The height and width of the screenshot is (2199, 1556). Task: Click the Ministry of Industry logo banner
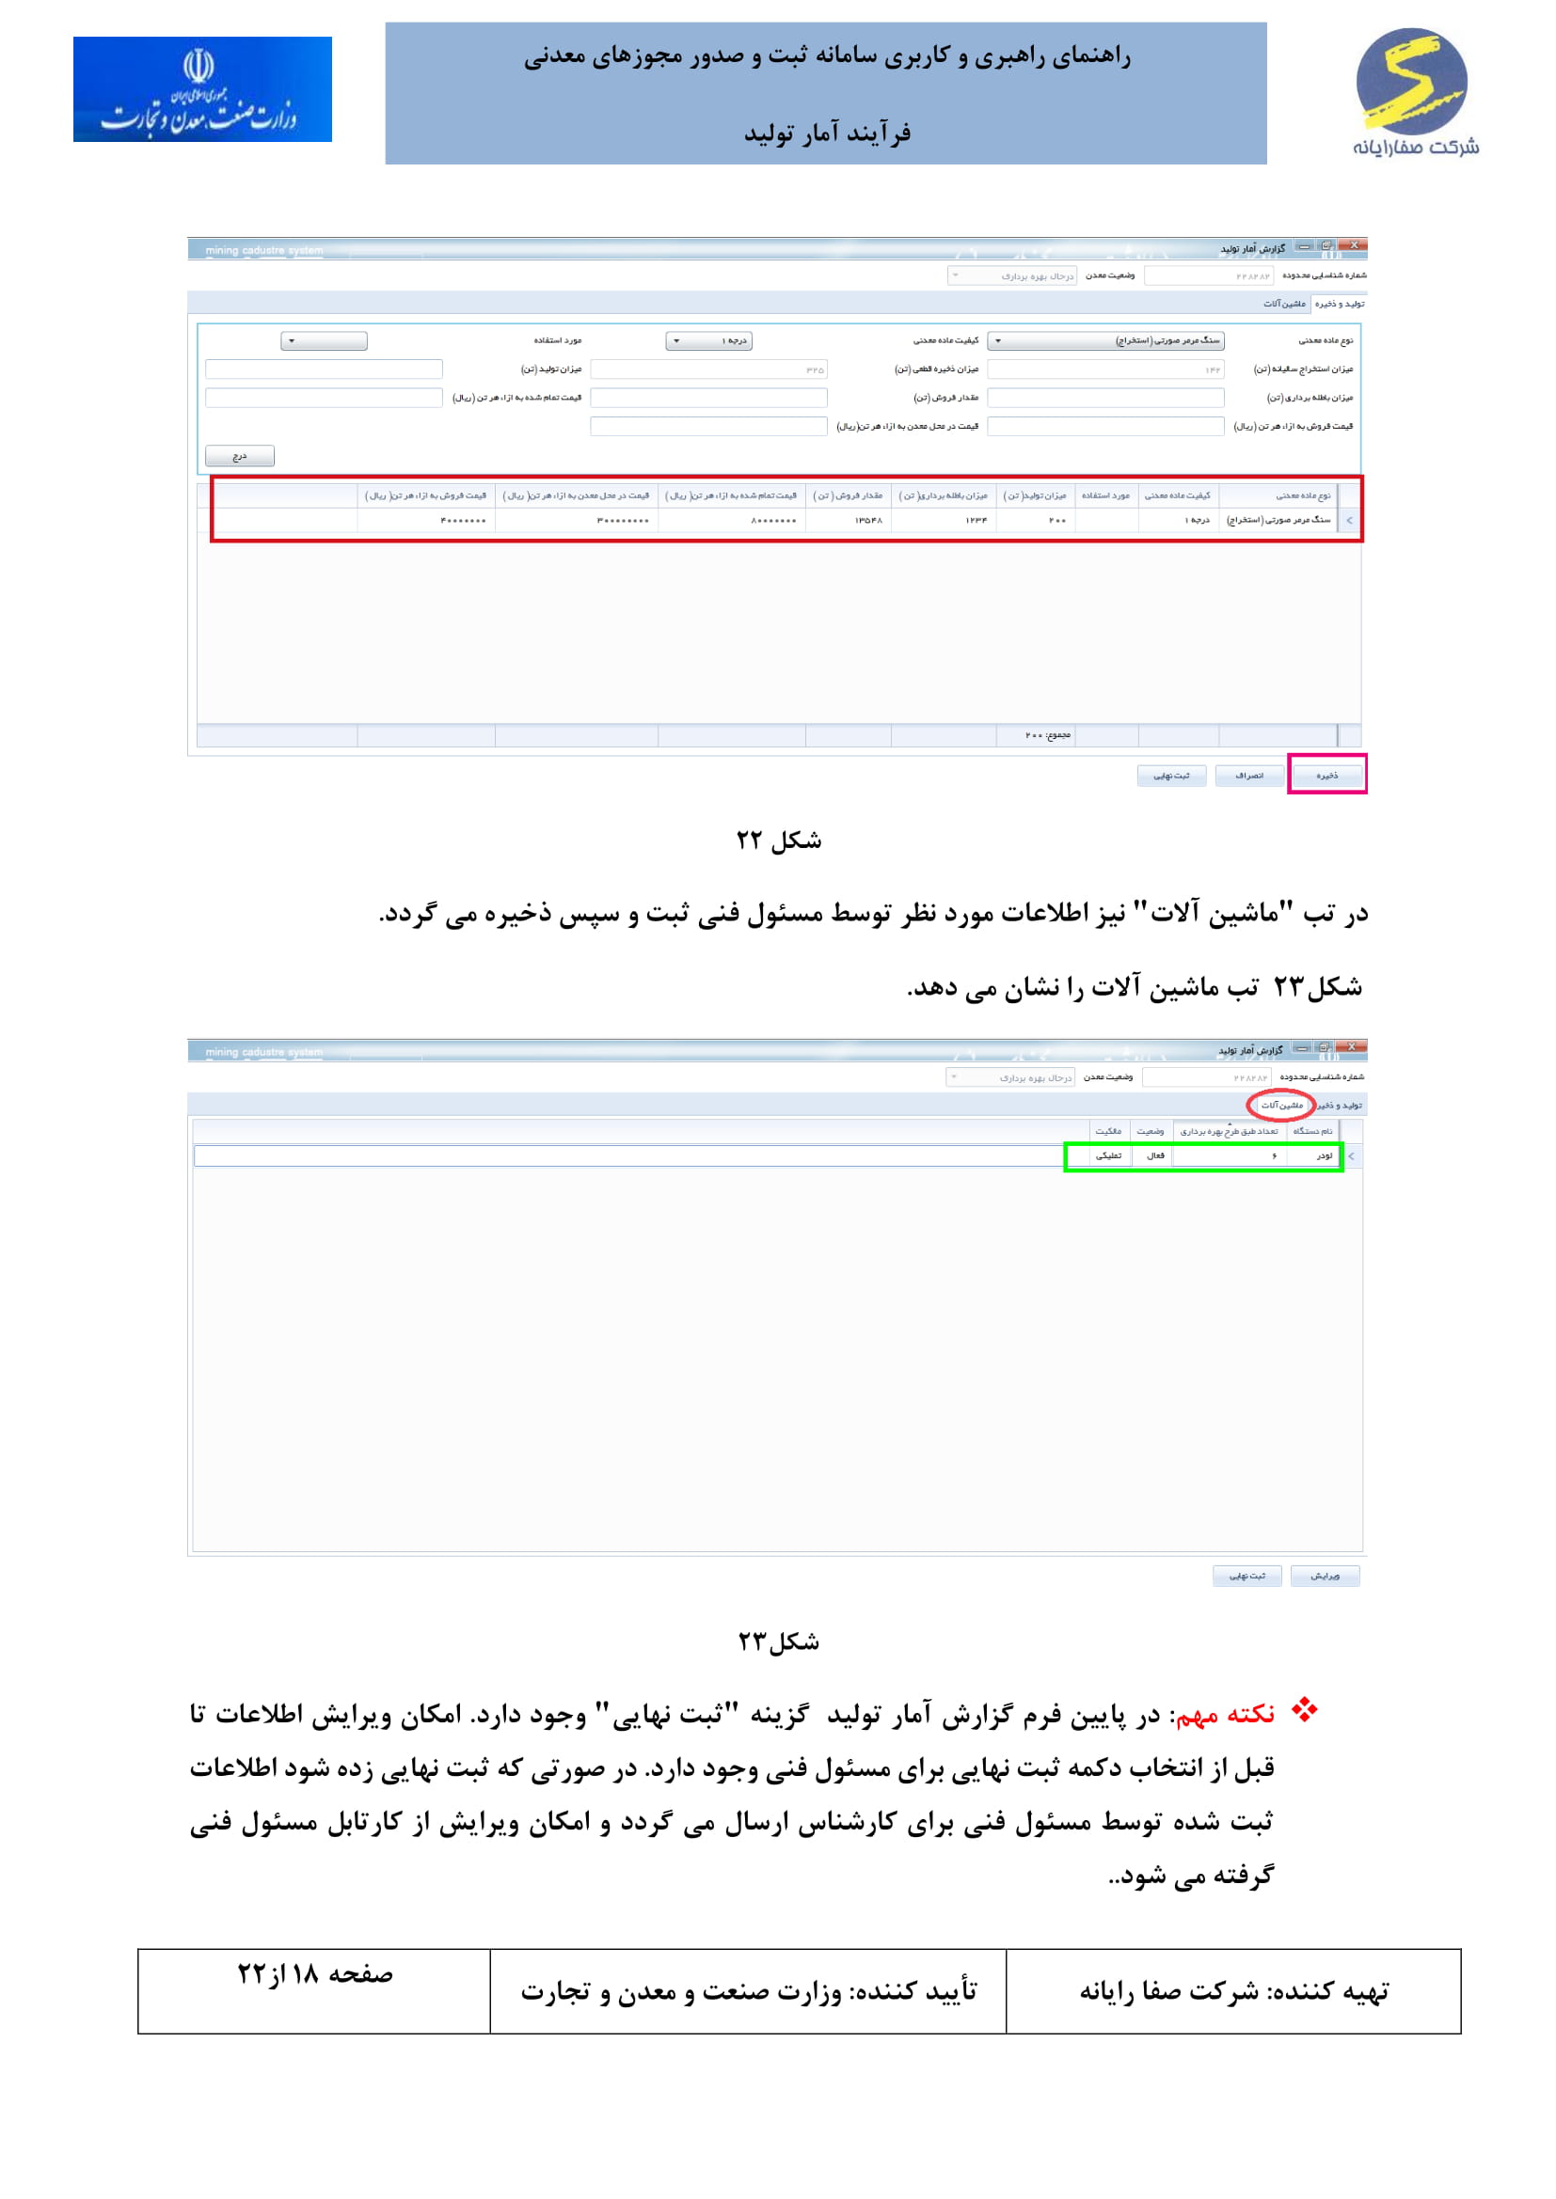202,89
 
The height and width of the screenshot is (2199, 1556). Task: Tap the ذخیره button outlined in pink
1326,775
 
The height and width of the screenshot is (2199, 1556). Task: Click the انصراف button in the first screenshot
1248,775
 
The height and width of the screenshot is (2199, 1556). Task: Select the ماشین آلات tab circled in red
1281,1106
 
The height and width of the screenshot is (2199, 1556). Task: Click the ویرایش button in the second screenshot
1325,1576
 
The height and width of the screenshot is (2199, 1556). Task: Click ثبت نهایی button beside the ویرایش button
1246,1576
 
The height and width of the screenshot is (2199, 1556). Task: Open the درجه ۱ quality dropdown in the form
709,341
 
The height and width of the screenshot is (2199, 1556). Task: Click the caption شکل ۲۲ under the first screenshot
778,840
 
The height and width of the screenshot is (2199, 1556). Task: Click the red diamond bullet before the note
1303,1710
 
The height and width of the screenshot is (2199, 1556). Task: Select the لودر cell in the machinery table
1324,1156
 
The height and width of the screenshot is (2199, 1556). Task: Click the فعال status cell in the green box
1154,1156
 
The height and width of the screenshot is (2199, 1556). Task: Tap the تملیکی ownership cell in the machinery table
1107,1156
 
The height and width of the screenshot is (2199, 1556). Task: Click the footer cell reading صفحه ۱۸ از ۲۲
314,1976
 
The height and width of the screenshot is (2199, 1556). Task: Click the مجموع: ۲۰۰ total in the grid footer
1047,734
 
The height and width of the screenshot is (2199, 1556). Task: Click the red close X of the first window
1354,246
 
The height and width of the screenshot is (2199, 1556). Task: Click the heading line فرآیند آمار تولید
826,134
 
